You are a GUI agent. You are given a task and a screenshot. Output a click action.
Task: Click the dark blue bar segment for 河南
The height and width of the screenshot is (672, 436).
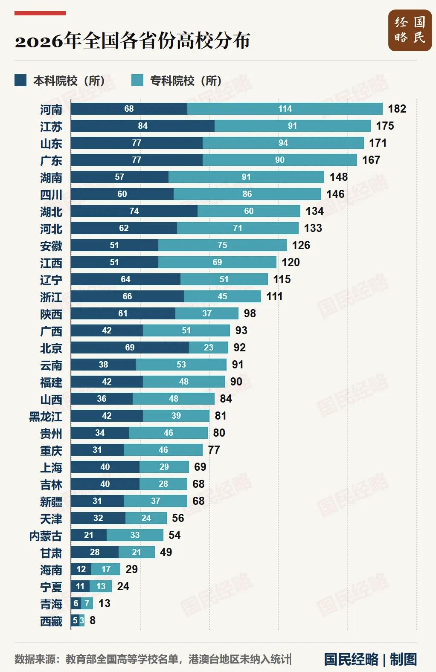tap(129, 109)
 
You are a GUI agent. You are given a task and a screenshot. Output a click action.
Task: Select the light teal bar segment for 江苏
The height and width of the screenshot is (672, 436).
tap(293, 126)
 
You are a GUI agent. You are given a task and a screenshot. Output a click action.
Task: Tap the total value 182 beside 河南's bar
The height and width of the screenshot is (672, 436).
tap(397, 109)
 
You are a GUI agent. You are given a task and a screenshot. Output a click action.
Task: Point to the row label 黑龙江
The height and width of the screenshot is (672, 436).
tap(46, 417)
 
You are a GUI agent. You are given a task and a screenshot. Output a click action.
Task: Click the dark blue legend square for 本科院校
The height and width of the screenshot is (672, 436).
tap(20, 81)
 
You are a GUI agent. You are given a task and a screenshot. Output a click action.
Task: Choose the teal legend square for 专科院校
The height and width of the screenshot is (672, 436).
tap(137, 81)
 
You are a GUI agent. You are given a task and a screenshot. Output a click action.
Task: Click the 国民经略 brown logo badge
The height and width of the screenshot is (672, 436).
tap(410, 30)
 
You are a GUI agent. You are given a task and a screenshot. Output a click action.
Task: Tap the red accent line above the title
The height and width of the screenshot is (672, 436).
tap(40, 13)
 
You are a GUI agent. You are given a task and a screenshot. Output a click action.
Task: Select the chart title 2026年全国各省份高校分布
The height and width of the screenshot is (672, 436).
tap(133, 41)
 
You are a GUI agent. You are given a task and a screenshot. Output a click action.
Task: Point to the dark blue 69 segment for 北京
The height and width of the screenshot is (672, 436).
tap(130, 348)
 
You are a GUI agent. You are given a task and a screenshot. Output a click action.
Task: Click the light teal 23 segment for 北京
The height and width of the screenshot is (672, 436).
tap(209, 348)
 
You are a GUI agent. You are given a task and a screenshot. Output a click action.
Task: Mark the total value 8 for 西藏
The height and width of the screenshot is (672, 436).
tap(93, 620)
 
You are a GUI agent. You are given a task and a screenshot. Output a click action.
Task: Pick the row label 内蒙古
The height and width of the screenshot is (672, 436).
tap(46, 536)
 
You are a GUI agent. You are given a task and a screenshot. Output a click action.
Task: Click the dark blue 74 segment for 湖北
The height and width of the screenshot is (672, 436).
tap(134, 211)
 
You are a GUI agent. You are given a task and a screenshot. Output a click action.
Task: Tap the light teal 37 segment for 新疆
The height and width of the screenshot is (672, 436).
tap(155, 501)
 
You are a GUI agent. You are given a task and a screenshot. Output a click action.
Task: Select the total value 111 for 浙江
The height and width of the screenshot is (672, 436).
tap(275, 296)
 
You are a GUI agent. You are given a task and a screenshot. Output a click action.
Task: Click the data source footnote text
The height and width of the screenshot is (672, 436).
tap(153, 659)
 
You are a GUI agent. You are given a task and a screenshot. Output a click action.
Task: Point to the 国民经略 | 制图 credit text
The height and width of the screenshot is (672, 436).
tap(371, 659)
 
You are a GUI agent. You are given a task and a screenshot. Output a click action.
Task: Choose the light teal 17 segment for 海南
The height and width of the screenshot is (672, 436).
tap(106, 569)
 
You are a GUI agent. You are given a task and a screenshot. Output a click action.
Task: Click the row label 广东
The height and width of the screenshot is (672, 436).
tap(51, 161)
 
